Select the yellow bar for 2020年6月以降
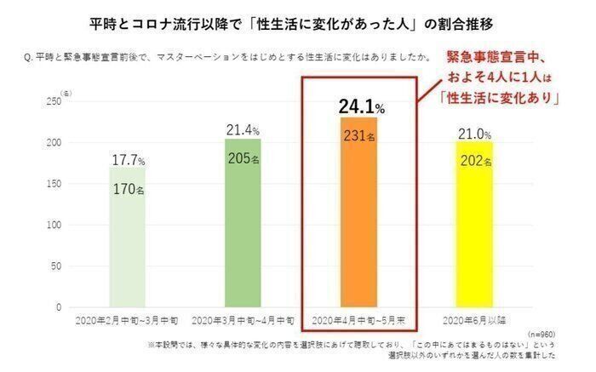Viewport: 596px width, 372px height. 474,247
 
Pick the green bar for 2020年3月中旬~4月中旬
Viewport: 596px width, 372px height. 244,247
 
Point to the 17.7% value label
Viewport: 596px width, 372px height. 129,161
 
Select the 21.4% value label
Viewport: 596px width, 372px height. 244,130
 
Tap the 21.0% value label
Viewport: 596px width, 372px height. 474,134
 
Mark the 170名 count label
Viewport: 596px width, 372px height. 129,189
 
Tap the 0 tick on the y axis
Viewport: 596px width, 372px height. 59,307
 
